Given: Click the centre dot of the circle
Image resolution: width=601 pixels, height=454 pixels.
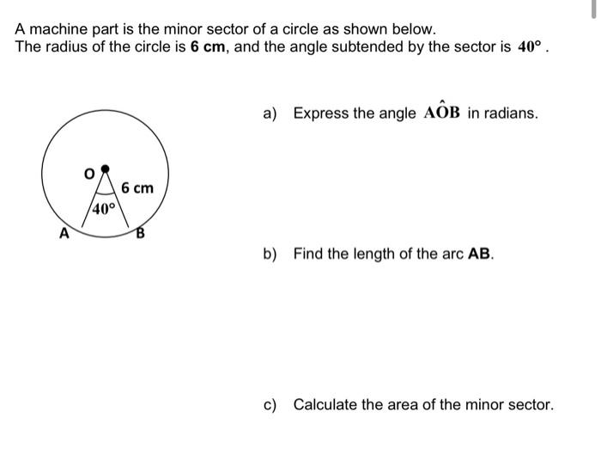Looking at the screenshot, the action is [x=105, y=169].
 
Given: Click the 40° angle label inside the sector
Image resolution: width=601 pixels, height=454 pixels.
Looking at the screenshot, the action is [x=103, y=209].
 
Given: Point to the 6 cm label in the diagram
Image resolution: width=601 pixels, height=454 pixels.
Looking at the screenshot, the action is [x=137, y=187].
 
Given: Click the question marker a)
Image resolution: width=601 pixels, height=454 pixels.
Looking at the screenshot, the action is [x=270, y=113].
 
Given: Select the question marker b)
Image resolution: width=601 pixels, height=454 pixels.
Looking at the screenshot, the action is [x=270, y=255].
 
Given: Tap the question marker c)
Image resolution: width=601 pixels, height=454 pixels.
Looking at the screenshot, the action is [x=270, y=404].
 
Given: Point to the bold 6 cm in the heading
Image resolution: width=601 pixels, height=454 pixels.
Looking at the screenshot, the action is [x=207, y=46].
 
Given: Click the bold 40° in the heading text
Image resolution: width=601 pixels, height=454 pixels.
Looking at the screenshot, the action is [x=527, y=46].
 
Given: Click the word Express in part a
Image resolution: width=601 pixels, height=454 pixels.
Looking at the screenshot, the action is [x=321, y=113].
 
